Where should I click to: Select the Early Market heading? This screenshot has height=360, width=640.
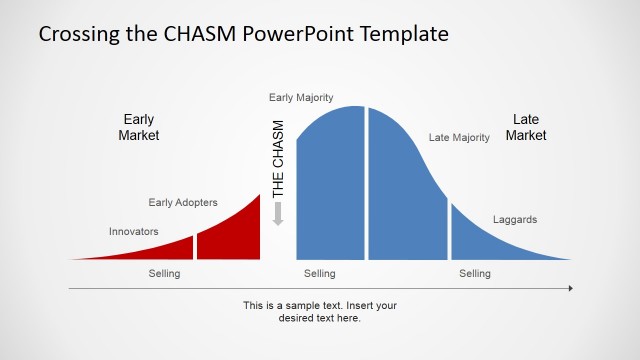point(139,127)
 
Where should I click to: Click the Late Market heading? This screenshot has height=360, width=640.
point(526,127)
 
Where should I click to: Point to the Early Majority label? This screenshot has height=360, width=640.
point(301,97)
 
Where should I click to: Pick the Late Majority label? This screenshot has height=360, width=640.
point(459,137)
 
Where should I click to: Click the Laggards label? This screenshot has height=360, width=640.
point(515,219)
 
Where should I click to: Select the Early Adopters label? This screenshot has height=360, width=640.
point(183,202)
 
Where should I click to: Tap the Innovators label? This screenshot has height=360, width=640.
point(134,231)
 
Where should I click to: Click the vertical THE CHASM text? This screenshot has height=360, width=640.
point(279,158)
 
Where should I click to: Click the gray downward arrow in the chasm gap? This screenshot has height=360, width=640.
point(279,213)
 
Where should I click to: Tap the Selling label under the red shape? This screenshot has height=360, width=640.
point(165,274)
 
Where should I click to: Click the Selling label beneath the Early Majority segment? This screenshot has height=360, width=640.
point(320,274)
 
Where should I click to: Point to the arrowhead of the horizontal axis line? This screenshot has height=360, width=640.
point(569,288)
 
